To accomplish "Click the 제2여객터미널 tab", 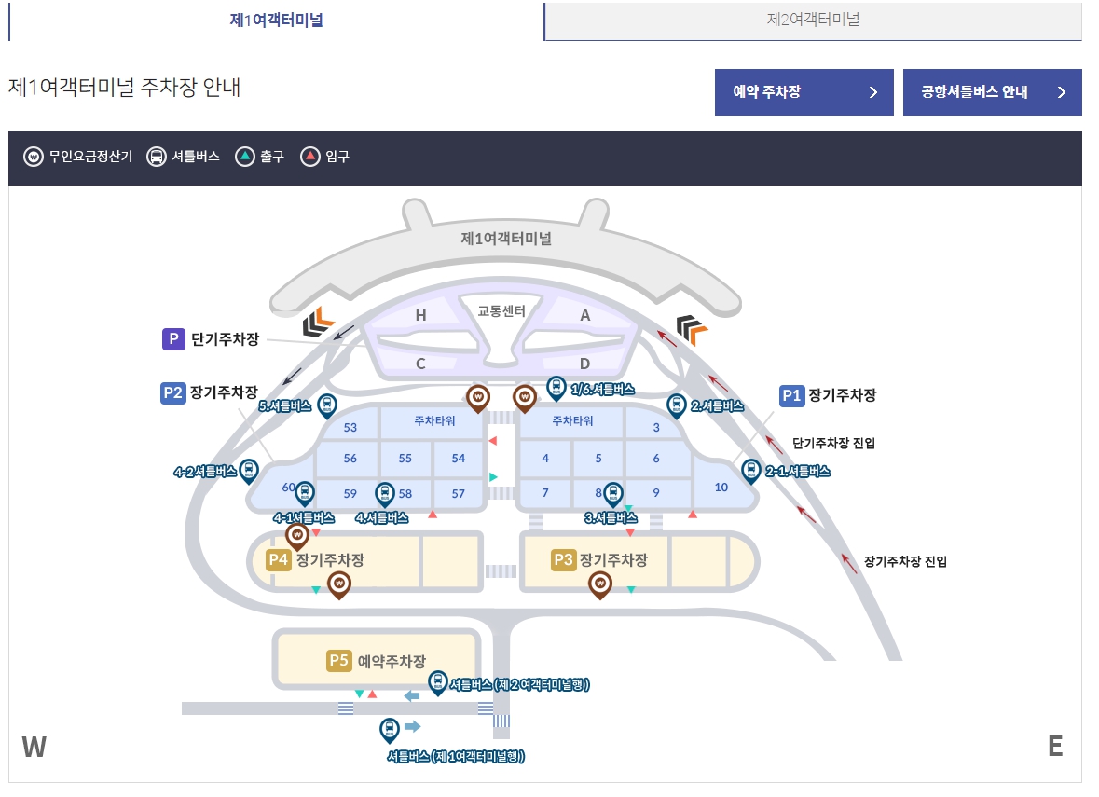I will tap(812, 20).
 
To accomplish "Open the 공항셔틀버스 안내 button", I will tap(992, 92).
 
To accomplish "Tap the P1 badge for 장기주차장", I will tap(791, 395).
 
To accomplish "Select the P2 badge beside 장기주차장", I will tap(172, 393).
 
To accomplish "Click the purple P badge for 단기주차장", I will tap(173, 339).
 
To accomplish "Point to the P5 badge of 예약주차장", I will tap(338, 661).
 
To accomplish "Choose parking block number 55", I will tap(405, 459).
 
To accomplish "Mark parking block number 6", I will tap(656, 459).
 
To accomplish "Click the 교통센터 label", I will tap(501, 310).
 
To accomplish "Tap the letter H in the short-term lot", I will tap(420, 316).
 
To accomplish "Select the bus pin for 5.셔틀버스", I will tap(327, 405).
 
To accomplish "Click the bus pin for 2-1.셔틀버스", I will tap(750, 471).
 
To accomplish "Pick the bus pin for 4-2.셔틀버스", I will tap(249, 471).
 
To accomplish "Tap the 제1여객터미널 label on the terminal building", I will tap(506, 238).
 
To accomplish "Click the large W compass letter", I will tap(34, 747).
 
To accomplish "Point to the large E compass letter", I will tap(1055, 747).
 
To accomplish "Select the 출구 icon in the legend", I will tap(244, 157).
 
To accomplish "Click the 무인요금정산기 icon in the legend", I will tap(34, 157).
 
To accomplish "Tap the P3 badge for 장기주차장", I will tap(562, 560).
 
